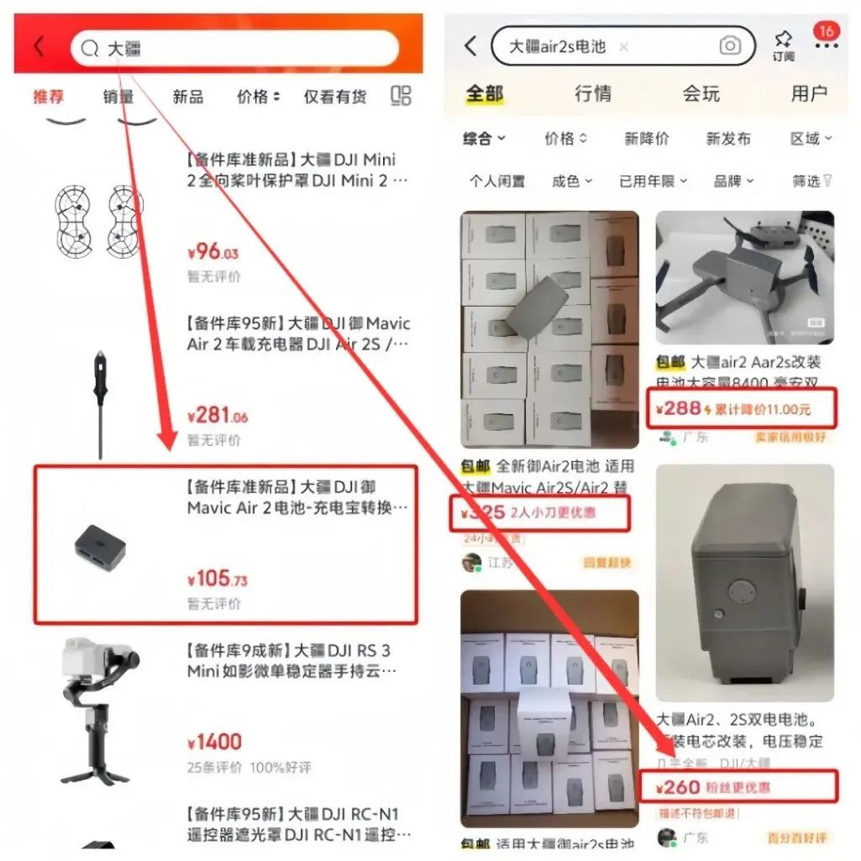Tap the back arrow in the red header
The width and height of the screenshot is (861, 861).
(x=39, y=47)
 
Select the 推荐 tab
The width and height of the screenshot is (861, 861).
(x=48, y=97)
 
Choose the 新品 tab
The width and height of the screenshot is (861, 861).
(x=187, y=97)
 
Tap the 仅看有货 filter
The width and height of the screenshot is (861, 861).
(x=335, y=97)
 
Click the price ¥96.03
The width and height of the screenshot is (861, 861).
(x=213, y=251)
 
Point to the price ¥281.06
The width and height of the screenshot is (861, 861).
(x=217, y=415)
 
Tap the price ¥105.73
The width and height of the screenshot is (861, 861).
(x=217, y=579)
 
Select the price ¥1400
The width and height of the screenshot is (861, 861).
(x=214, y=743)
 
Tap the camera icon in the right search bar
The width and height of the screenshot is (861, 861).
(x=730, y=46)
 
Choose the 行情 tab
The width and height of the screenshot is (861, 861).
(x=593, y=93)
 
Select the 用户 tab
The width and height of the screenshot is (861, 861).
(x=808, y=93)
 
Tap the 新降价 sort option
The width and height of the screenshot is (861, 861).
(x=646, y=139)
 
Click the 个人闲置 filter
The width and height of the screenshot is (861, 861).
(x=496, y=181)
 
